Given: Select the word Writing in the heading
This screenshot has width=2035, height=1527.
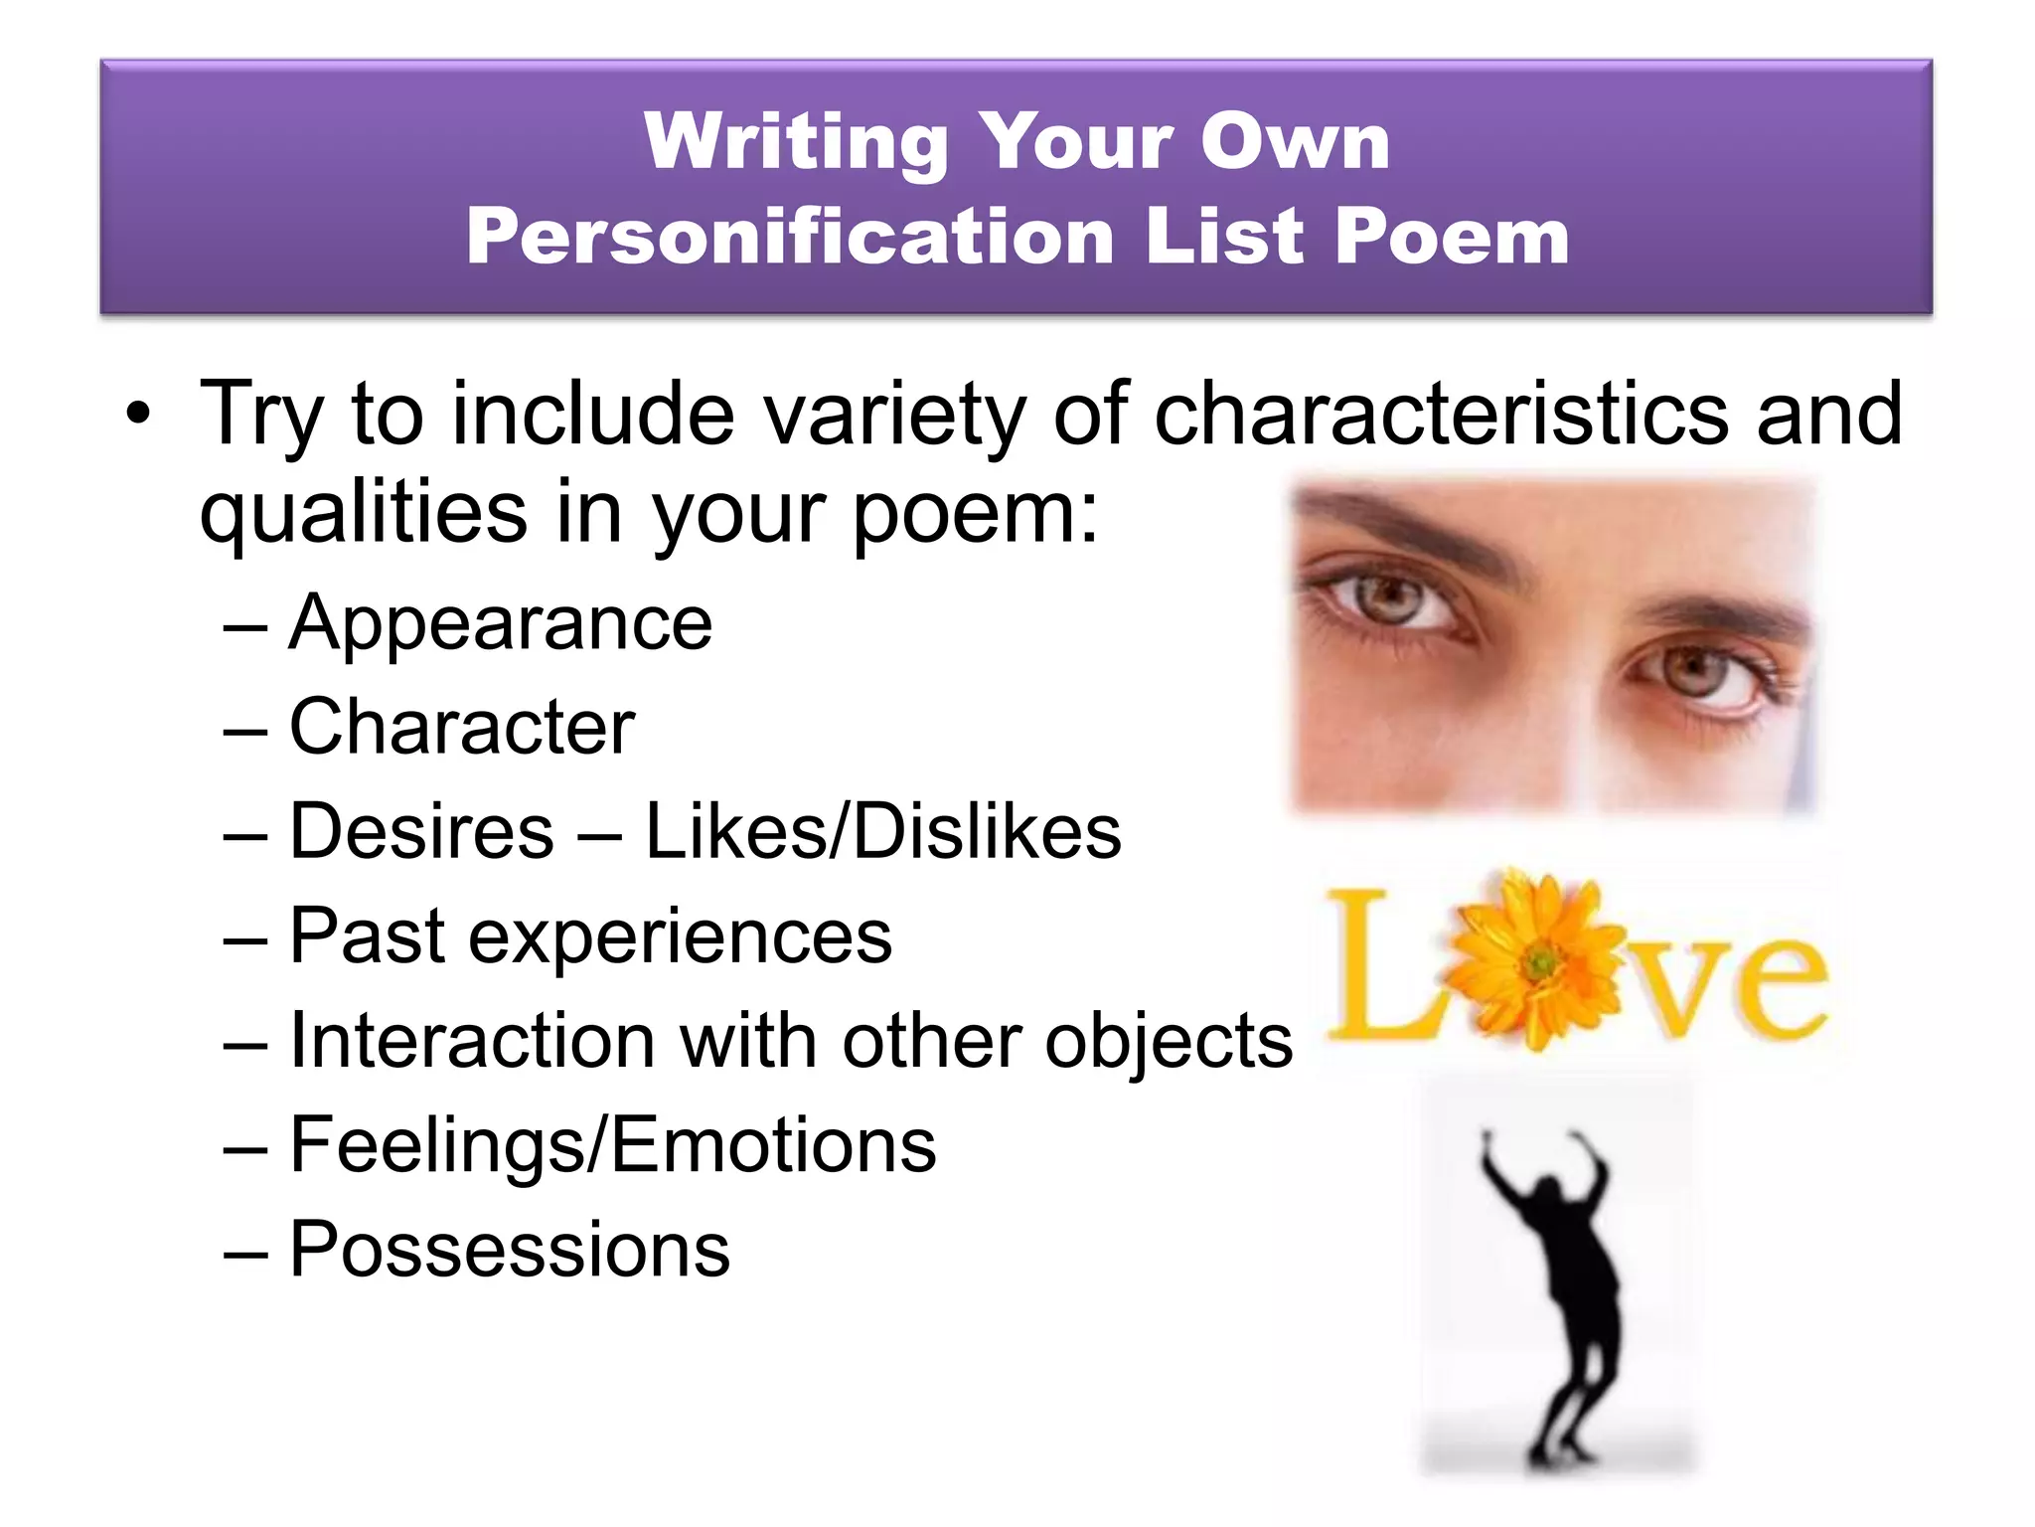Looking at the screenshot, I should click(796, 142).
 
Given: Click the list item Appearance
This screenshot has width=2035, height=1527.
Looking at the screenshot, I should click(500, 624).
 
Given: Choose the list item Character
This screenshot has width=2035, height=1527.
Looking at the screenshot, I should click(462, 728).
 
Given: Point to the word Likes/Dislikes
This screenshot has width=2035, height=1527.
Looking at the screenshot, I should click(883, 831).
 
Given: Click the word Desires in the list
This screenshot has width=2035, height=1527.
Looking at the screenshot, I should click(421, 831).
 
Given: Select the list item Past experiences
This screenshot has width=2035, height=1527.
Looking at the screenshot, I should click(590, 936).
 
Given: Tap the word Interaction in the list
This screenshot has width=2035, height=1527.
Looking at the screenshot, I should click(472, 1041).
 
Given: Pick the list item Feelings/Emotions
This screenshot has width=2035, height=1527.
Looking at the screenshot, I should click(612, 1145).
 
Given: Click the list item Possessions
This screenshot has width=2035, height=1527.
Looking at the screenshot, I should click(510, 1250).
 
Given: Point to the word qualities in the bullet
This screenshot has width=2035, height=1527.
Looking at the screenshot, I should click(363, 513).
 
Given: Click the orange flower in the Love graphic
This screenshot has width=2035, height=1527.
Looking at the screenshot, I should click(1538, 960).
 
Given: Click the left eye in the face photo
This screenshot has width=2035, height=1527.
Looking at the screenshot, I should click(1391, 600).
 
